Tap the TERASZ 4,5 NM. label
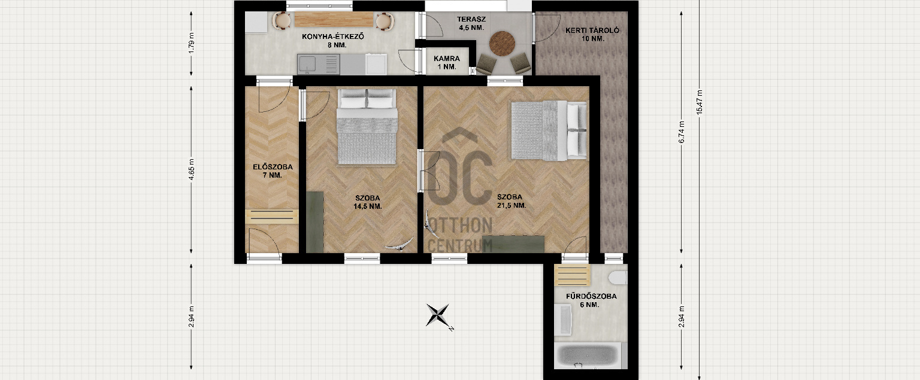point(471,23)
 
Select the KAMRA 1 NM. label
point(447,62)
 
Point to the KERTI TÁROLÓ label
point(592,35)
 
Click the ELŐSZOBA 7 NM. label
point(273,171)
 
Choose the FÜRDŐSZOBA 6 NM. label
point(591,300)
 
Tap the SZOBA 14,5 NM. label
point(368,202)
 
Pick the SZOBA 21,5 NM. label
point(512,201)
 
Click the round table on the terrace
point(502,44)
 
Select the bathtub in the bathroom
point(588,356)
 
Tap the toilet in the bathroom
point(618,278)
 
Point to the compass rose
point(438,315)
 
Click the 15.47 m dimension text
point(700,102)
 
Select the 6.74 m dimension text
point(682,132)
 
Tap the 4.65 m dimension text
point(192,169)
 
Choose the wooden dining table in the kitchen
point(334,20)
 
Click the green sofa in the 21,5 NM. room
point(513,244)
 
